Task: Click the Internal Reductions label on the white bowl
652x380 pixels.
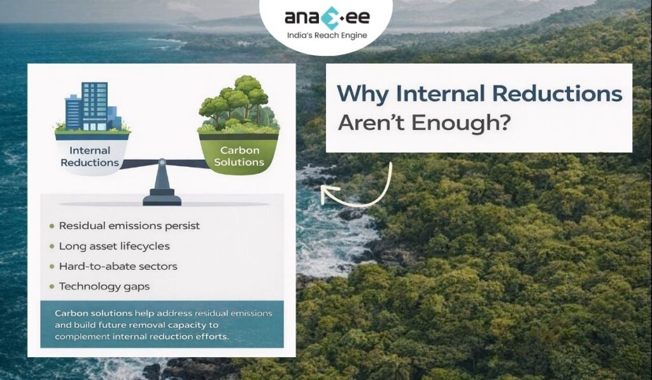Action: pyautogui.click(x=90, y=157)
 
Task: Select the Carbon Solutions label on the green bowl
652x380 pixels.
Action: pyautogui.click(x=239, y=157)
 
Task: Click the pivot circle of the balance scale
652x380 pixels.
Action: pyautogui.click(x=162, y=162)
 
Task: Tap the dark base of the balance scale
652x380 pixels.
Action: pyautogui.click(x=162, y=200)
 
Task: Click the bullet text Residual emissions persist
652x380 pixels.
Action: pyautogui.click(x=129, y=226)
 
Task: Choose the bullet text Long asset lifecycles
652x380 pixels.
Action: pyautogui.click(x=114, y=246)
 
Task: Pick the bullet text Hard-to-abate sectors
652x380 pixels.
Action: pyautogui.click(x=118, y=266)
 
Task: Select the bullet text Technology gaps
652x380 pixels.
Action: pyautogui.click(x=104, y=286)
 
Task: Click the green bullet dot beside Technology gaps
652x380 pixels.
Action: pyautogui.click(x=51, y=287)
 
